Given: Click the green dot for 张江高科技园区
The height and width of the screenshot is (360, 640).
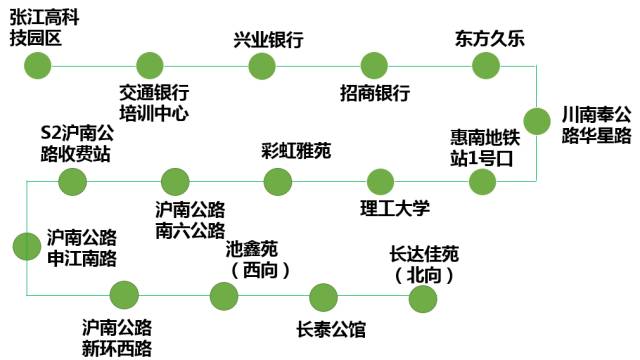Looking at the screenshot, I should coord(37,66).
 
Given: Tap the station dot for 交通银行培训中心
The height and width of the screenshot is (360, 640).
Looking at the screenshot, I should coord(150,66).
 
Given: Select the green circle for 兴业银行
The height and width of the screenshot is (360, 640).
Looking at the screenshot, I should coord(262,66).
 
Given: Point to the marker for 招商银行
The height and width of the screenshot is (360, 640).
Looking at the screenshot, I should coord(374,66).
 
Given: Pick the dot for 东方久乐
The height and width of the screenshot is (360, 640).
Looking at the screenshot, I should coord(487,66).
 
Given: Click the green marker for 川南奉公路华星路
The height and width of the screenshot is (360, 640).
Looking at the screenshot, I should coord(538,121).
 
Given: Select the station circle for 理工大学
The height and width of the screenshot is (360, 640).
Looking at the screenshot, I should coord(380,182).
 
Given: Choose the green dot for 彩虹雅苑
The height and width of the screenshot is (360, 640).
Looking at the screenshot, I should coord(277,182).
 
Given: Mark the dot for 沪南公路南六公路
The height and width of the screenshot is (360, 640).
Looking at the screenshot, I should coord(175,182).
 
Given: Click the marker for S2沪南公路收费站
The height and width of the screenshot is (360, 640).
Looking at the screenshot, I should coord(72,182).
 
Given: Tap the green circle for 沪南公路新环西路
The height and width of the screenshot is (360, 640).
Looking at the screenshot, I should coord(124,296).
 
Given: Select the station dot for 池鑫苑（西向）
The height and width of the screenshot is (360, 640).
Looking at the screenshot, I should coord(224,296).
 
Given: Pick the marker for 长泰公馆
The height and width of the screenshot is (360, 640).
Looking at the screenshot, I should coord(323,297).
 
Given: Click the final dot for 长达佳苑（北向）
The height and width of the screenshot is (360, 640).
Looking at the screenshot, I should coord(423,297).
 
